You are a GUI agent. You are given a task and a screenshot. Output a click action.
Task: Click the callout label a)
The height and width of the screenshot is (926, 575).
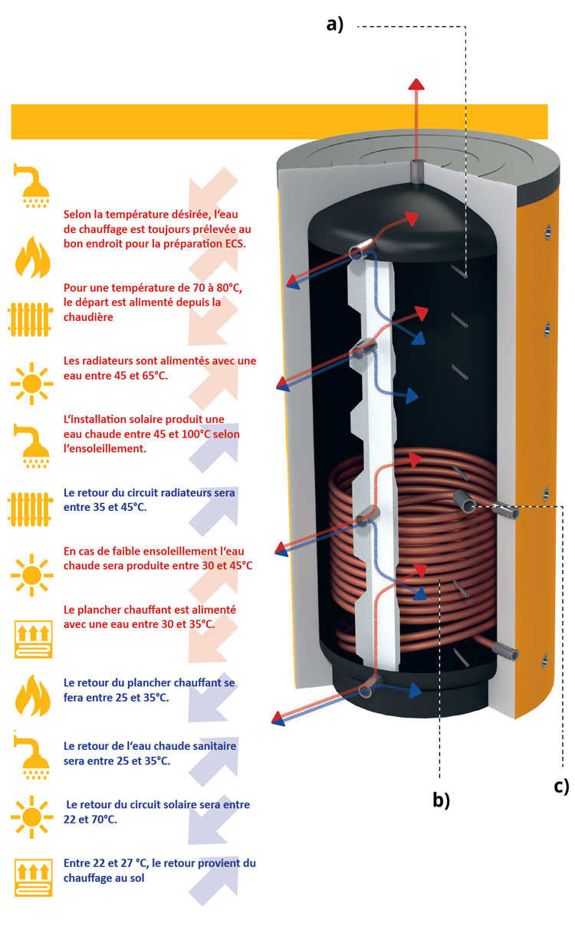(334, 24)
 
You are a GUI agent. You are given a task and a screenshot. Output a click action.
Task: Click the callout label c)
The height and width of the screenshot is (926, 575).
(561, 786)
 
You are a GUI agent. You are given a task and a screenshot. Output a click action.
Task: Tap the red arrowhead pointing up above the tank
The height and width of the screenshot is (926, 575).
(415, 84)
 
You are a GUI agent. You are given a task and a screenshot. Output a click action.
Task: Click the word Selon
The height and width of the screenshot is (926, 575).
(79, 214)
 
